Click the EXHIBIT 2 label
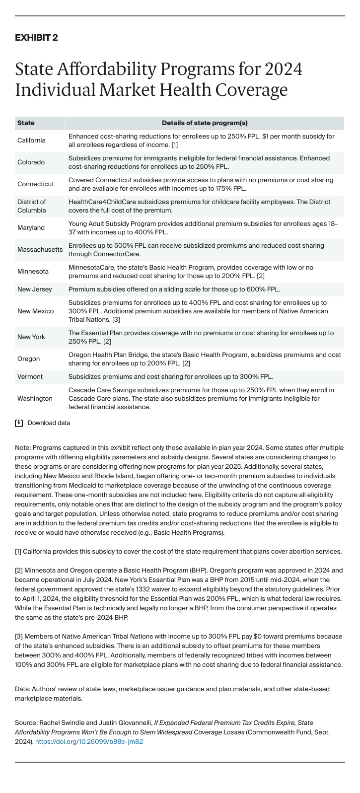coord(36,38)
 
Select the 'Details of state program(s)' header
coord(205,123)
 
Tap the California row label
coord(31,141)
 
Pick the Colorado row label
coord(31,162)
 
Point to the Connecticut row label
coord(35,184)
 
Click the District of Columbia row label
coord(32,206)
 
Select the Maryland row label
coord(31,228)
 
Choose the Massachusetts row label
coord(40,250)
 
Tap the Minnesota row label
coord(33,272)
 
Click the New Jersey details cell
coord(174,289)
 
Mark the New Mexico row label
coord(35,311)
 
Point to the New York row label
coord(31,337)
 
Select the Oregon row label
coord(28,359)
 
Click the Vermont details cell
coord(171,377)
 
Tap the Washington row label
coord(35,399)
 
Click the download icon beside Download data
coord(19,423)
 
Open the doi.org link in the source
coord(89,742)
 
